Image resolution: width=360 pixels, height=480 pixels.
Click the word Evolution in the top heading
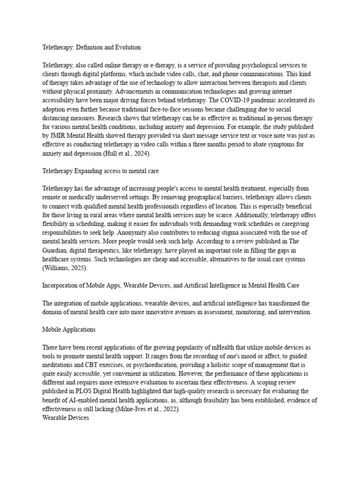tap(126, 47)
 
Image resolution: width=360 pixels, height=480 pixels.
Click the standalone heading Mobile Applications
tap(68, 330)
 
